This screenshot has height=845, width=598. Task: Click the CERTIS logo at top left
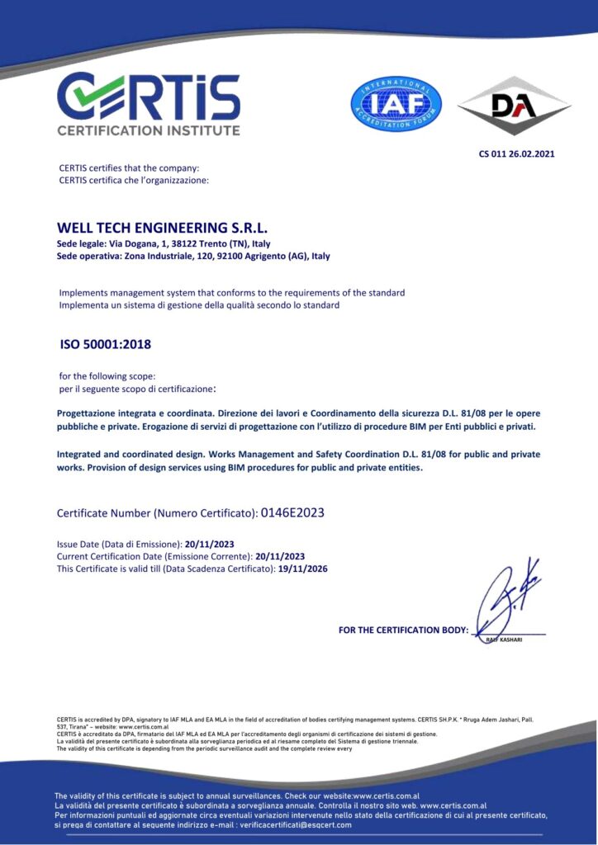point(148,97)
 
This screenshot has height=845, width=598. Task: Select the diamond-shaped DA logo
point(514,105)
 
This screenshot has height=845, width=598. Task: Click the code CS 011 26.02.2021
point(516,153)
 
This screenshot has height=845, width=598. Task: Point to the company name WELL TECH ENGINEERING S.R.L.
point(163,227)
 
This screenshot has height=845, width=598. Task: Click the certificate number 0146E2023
point(292,512)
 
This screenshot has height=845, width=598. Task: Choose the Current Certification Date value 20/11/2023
point(280,556)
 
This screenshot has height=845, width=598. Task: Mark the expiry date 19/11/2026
point(303,569)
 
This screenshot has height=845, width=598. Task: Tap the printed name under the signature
point(504,640)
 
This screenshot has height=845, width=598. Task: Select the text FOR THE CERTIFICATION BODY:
point(403,630)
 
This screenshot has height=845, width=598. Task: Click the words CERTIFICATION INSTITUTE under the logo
point(148,130)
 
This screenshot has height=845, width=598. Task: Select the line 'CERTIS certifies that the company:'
point(129,168)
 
